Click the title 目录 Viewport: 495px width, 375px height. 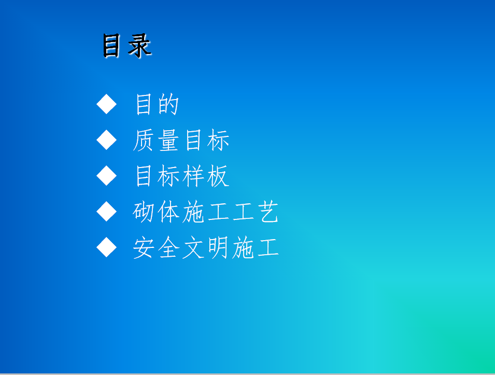point(127,46)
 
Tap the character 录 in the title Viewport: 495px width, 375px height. point(139,46)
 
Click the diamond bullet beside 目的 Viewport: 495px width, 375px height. point(106,104)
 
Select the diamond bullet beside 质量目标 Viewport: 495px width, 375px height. point(106,140)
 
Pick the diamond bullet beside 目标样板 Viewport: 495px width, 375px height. point(106,176)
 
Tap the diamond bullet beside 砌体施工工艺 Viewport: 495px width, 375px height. point(106,211)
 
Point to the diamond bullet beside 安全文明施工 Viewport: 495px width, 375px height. point(106,247)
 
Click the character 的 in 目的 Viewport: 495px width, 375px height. point(168,104)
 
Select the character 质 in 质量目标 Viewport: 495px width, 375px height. point(144,140)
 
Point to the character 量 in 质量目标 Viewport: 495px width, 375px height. point(168,140)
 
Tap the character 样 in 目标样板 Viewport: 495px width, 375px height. point(193,176)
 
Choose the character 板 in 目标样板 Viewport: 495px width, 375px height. point(218,176)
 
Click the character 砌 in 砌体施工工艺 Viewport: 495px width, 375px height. point(144,212)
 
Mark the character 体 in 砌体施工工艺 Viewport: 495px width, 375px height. point(168,212)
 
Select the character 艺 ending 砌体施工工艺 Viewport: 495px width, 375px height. point(268,212)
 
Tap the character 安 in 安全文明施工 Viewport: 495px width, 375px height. point(144,248)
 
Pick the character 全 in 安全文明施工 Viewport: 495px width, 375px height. point(168,248)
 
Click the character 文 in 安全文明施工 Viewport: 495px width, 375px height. point(193,248)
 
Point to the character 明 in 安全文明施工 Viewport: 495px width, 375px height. point(218,248)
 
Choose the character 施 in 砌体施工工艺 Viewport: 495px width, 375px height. point(193,212)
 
